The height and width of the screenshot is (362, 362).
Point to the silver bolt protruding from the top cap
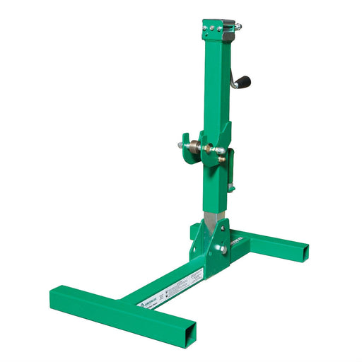pos(238,28)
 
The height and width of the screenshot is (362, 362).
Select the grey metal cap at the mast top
pos(228,32)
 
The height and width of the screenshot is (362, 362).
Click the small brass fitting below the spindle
pos(222,160)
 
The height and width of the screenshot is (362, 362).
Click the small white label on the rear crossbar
pos(237,238)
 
